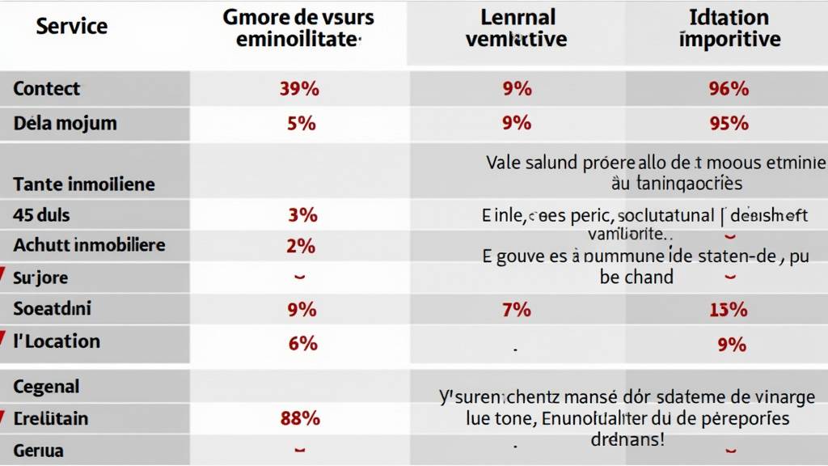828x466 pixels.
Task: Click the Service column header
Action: (x=71, y=26)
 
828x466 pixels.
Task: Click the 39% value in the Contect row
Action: (x=299, y=89)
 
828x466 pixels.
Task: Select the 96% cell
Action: (x=729, y=89)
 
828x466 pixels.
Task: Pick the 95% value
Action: (x=729, y=124)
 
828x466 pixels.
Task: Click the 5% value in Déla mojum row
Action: (x=300, y=124)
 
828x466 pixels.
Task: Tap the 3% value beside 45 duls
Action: (x=302, y=215)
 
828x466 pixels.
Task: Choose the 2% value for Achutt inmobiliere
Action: (x=300, y=245)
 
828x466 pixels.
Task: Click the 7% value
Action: (x=516, y=309)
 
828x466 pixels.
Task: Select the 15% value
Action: (x=729, y=309)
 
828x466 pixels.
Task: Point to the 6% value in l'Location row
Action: (x=302, y=343)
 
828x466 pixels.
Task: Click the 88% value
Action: (x=300, y=418)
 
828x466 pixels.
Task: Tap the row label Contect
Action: (x=46, y=89)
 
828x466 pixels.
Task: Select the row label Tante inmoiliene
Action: (x=83, y=184)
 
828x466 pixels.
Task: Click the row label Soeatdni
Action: (x=52, y=309)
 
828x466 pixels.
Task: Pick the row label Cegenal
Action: (x=46, y=387)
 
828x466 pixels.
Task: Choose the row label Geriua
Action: (x=38, y=451)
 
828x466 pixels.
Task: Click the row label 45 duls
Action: (x=41, y=215)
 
